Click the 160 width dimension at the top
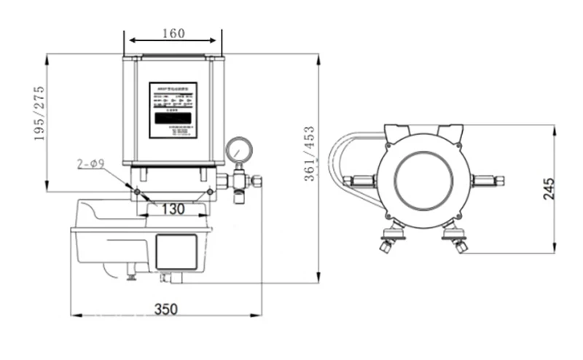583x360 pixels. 173,33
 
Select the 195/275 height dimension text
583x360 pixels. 40,114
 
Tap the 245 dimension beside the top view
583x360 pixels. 548,189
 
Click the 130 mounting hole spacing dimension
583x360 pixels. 173,209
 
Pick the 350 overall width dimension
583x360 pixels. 166,308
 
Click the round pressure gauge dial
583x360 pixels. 238,149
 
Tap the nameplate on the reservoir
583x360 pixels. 173,109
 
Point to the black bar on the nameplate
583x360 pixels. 173,117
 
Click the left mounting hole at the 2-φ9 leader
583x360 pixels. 137,192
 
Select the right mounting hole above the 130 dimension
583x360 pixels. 210,192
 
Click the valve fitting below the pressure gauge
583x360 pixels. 239,182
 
